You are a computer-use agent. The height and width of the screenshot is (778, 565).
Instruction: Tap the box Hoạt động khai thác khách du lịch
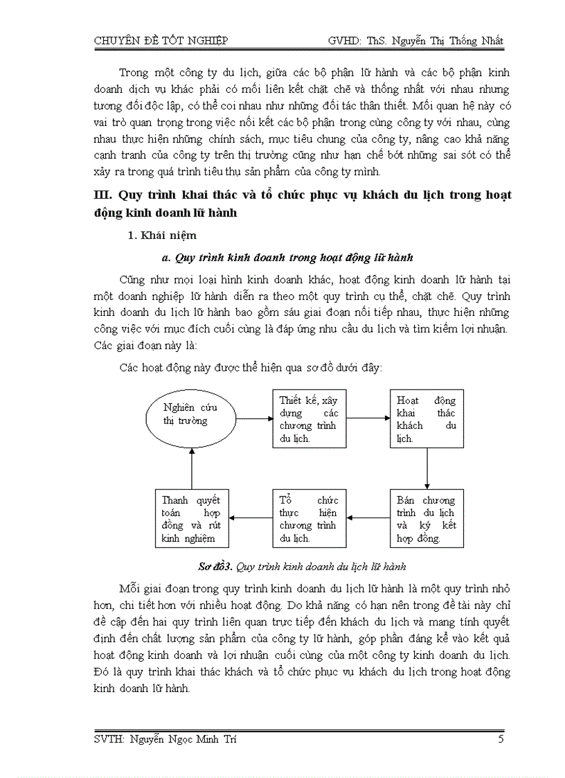point(425,419)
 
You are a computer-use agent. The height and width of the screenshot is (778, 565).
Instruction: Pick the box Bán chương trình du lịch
point(425,519)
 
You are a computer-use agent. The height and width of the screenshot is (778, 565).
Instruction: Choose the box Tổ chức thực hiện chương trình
point(307,519)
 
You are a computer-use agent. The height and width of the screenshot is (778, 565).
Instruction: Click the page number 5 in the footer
point(501,740)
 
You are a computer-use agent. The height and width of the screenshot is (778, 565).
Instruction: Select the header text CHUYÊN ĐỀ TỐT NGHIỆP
point(161,41)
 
